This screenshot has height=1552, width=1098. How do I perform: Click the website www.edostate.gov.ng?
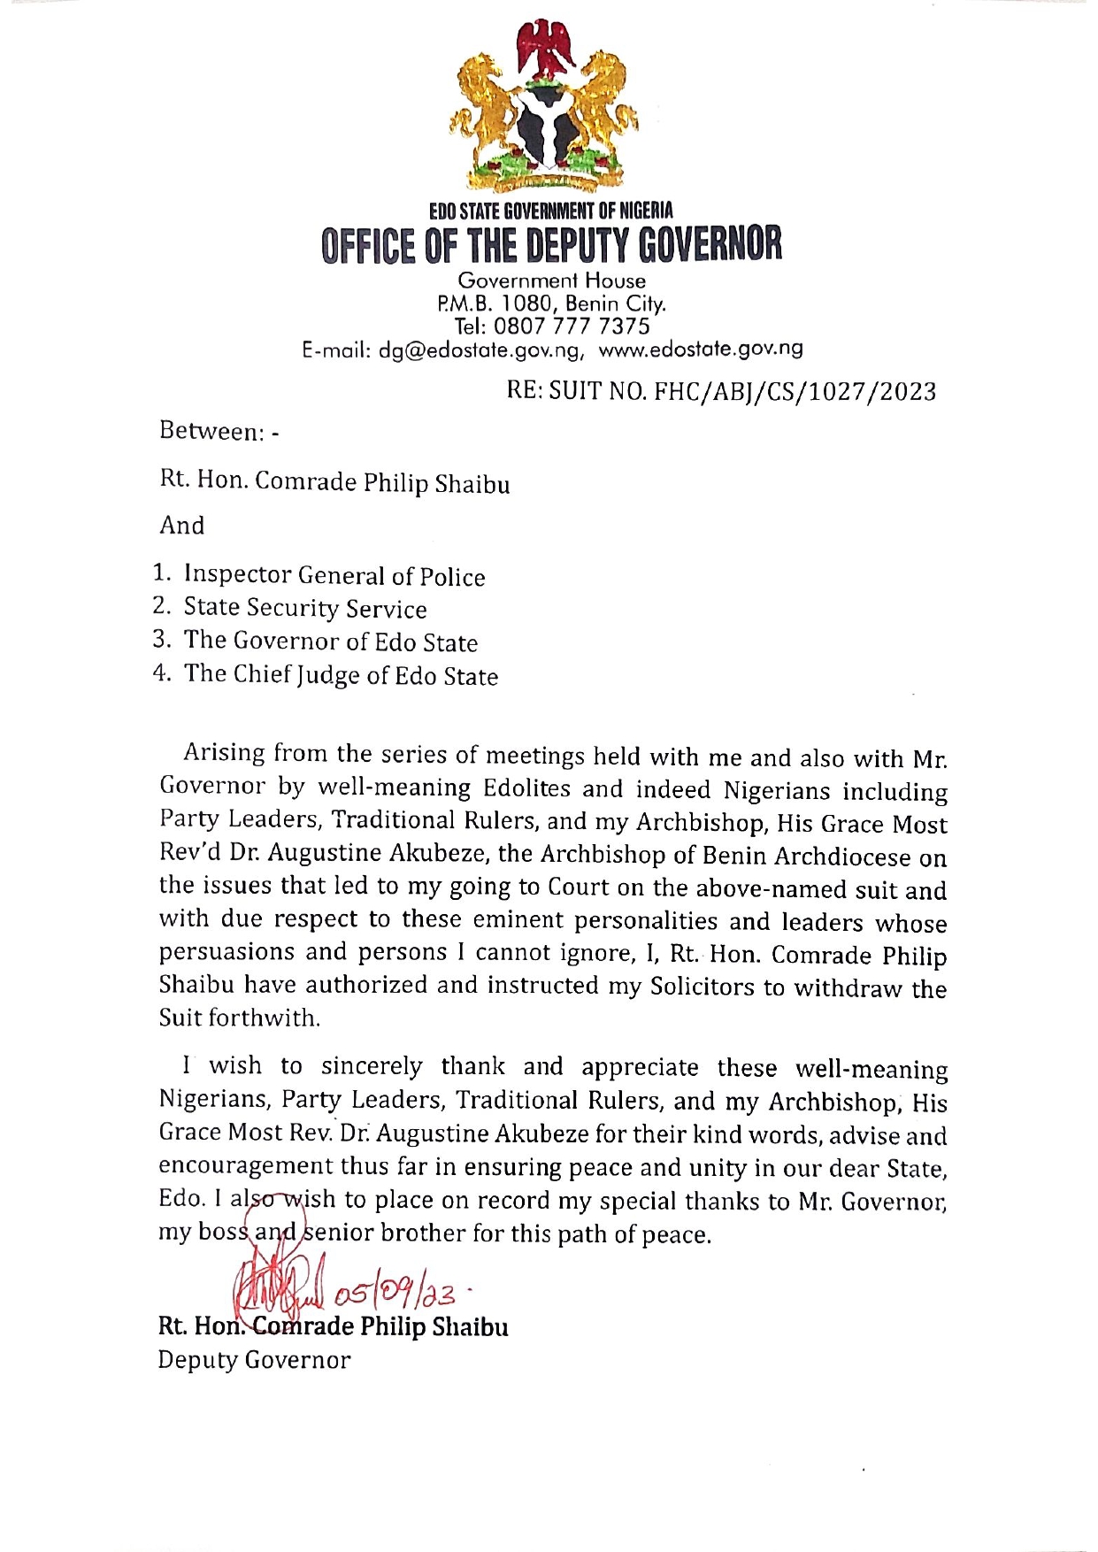point(701,349)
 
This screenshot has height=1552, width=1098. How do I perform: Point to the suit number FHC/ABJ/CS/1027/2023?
point(795,391)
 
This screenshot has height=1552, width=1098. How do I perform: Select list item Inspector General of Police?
point(334,576)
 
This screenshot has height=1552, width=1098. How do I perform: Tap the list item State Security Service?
point(304,609)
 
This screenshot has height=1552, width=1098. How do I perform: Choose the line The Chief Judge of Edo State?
point(341,675)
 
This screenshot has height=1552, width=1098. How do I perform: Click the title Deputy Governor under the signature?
point(254,1360)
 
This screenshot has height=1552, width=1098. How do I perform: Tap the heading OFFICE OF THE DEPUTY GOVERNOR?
point(551,245)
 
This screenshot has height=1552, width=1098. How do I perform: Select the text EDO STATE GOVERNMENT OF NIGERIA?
point(550,211)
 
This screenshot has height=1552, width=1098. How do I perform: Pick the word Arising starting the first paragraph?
point(224,753)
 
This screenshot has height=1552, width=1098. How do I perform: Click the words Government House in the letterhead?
point(551,280)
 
